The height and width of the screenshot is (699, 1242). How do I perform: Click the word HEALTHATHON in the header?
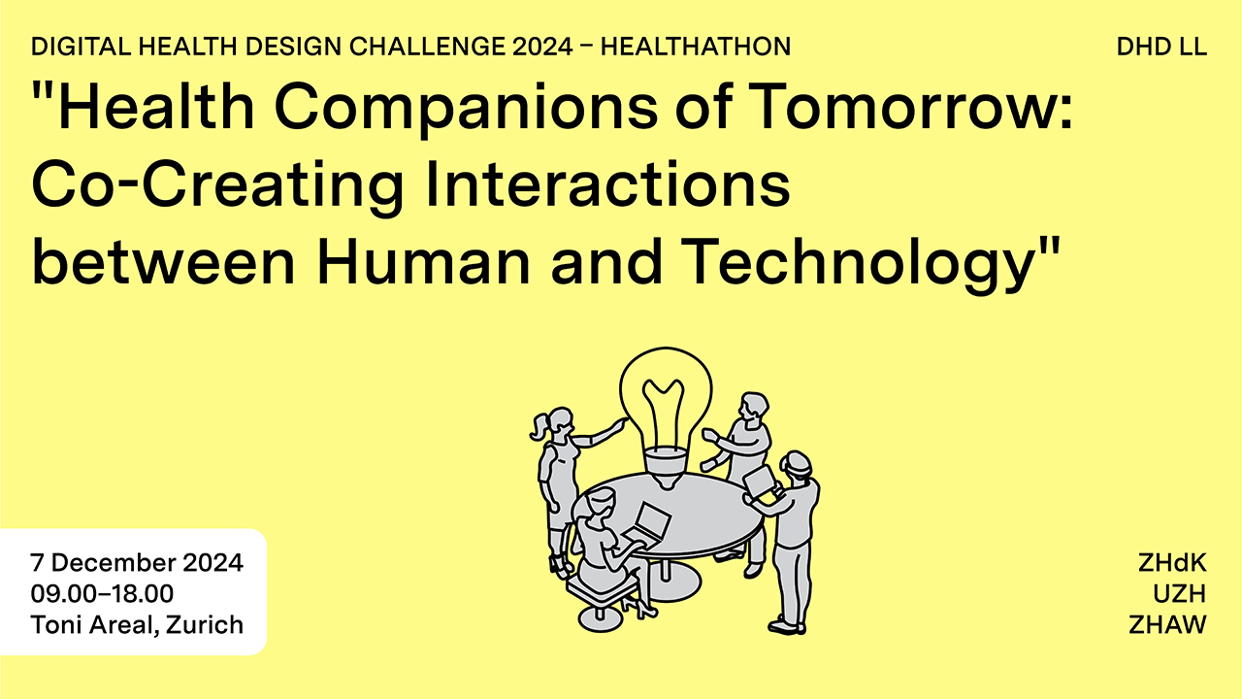pos(696,47)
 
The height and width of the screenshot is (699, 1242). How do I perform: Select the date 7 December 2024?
pos(137,563)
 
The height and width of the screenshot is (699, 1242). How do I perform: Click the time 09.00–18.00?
pos(102,593)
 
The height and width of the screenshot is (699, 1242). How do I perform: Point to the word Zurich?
pos(205,625)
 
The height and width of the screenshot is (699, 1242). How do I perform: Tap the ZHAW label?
pos(1167,625)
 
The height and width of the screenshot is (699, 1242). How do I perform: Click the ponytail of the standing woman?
pos(539,428)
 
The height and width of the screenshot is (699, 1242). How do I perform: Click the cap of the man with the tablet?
pos(797,461)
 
